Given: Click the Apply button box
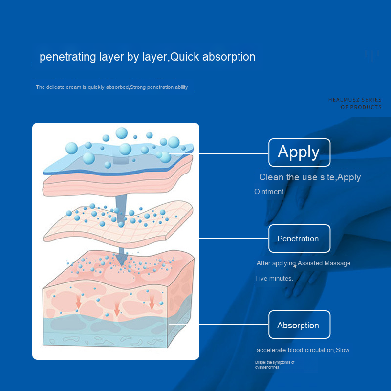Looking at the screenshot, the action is click(299, 152).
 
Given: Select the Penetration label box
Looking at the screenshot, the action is click(299, 239).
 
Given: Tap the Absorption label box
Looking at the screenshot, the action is click(299, 325).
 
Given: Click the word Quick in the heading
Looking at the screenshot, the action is click(185, 57).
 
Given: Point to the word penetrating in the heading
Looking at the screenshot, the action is click(68, 57).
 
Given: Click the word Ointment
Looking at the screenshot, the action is click(269, 192).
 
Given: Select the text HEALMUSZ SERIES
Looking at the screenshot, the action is click(355, 100).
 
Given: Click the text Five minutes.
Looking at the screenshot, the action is click(274, 278).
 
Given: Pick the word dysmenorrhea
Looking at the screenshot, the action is click(267, 367).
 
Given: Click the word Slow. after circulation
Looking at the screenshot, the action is click(344, 350).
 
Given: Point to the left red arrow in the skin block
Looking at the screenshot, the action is click(78, 302).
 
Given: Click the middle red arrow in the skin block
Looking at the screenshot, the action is click(117, 309).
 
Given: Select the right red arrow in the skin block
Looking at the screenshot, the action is click(152, 302).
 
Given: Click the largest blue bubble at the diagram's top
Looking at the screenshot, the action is click(121, 133).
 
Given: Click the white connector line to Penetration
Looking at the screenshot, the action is click(234, 238).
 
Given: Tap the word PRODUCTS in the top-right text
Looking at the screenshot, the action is click(366, 107).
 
